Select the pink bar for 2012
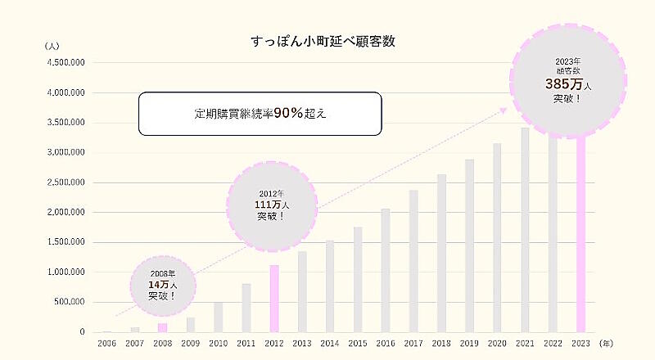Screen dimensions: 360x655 click(274, 299)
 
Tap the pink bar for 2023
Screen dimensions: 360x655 click(580, 245)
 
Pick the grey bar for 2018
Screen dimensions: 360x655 click(442, 253)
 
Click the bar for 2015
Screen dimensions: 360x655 click(358, 279)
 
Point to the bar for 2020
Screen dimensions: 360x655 click(497, 237)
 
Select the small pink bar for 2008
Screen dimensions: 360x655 click(162, 327)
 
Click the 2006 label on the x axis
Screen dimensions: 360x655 click(106, 344)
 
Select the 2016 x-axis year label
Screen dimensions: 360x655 click(386, 344)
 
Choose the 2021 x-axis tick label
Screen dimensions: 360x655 click(525, 344)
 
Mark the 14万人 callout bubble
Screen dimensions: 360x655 click(163, 283)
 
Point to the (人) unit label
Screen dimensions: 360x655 click(52, 46)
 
